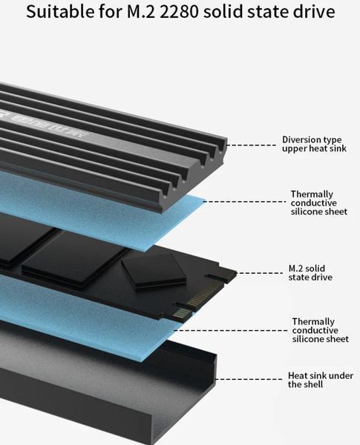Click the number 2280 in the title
click(179, 12)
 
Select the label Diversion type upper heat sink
click(314, 144)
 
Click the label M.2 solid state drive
click(310, 273)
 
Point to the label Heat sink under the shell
click(321, 380)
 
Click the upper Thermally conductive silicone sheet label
click(318, 202)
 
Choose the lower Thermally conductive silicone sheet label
click(320, 330)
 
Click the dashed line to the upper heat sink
click(251, 145)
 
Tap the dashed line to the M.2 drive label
click(260, 273)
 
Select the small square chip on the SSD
click(154, 271)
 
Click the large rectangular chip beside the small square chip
click(74, 260)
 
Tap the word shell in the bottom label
click(312, 384)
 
